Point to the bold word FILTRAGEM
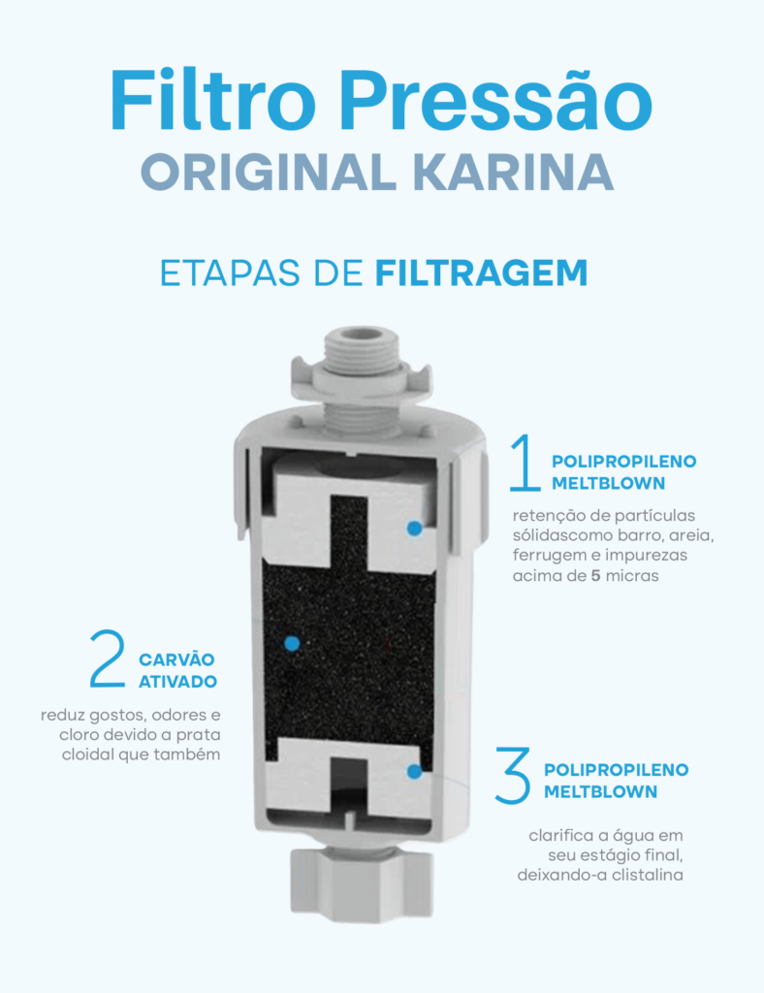pyautogui.click(x=481, y=272)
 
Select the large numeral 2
pyautogui.click(x=108, y=659)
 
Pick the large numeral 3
pyautogui.click(x=513, y=773)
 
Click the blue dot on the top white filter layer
pyautogui.click(x=414, y=529)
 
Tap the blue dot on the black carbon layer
pyautogui.click(x=289, y=642)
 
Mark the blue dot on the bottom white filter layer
pyautogui.click(x=414, y=772)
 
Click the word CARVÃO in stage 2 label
pyautogui.click(x=178, y=659)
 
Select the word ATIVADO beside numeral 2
pyautogui.click(x=177, y=682)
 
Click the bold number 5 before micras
pyautogui.click(x=596, y=576)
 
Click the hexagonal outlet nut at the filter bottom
pyautogui.click(x=364, y=882)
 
